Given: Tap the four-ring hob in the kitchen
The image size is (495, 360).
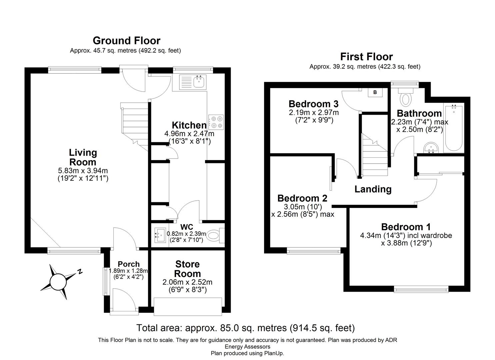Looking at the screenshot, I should (x=216, y=122).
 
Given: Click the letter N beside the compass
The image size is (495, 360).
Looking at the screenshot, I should (x=80, y=272).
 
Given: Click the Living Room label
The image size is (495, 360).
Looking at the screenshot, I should (x=83, y=157).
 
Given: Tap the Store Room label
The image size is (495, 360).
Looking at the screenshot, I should (x=187, y=269).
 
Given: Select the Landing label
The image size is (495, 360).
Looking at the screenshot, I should (x=373, y=189).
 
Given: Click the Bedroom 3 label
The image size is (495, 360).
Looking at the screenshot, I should (x=313, y=104).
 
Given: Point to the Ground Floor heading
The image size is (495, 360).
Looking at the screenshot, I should (x=126, y=41).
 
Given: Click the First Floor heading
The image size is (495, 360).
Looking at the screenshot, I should (x=366, y=57).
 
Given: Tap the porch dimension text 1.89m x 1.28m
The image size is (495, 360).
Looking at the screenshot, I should (x=128, y=271).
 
